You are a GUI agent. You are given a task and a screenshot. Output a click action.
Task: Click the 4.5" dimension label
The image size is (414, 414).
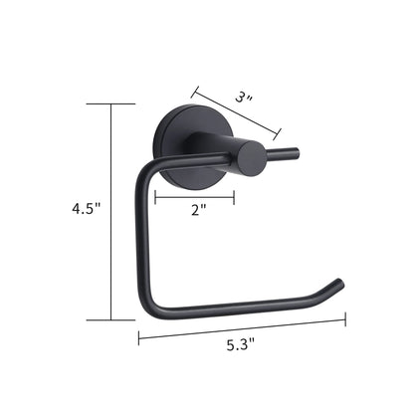pos(86,209)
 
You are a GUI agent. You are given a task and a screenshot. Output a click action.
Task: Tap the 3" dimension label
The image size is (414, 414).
pos(244,98)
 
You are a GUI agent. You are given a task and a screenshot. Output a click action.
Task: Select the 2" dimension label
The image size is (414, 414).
pos(198,210)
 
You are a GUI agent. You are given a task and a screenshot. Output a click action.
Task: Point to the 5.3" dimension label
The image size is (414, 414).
pos(241,345)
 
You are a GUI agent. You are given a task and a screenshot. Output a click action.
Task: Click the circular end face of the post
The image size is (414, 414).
pos(252,158)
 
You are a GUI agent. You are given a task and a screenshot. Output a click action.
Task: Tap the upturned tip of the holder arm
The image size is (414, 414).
pos(339,283)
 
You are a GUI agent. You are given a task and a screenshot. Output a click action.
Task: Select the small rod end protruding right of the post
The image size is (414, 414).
pos(283,153)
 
